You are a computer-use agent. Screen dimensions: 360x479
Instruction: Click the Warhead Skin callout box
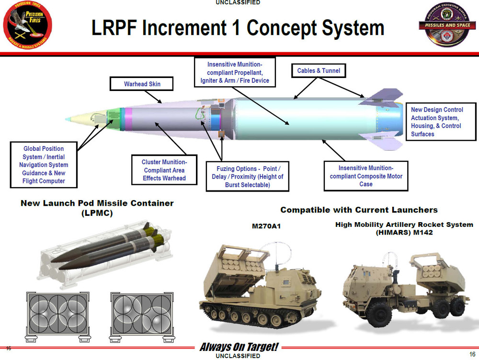142,84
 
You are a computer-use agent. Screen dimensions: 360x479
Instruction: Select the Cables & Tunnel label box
319,71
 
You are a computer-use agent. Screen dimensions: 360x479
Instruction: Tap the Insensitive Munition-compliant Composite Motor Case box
366,176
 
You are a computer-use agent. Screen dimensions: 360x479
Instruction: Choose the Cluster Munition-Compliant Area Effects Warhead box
164,170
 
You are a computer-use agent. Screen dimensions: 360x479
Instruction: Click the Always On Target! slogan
239,347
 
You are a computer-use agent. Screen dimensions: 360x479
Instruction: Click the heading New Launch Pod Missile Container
97,208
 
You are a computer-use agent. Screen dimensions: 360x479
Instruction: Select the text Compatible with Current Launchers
359,210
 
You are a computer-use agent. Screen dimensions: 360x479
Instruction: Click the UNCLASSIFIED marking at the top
238,3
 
